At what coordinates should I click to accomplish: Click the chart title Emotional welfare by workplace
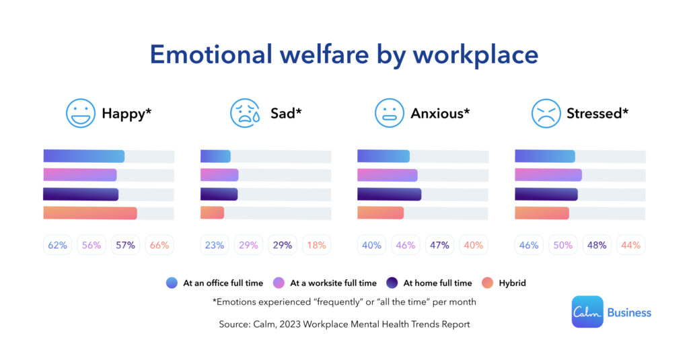(x=344, y=54)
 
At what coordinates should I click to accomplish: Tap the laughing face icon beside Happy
(x=81, y=113)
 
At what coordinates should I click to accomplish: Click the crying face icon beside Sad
(x=245, y=113)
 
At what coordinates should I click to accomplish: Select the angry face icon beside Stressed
(x=546, y=113)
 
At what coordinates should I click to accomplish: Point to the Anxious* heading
(x=440, y=113)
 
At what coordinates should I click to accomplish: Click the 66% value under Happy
(x=159, y=245)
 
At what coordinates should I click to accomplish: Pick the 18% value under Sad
(x=316, y=245)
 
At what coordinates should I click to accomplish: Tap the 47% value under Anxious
(x=439, y=245)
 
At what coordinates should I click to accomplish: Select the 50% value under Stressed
(x=563, y=245)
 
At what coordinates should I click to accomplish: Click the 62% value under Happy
(x=58, y=245)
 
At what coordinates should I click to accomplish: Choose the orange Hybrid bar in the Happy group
(x=89, y=213)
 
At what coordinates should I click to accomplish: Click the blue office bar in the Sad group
(x=215, y=156)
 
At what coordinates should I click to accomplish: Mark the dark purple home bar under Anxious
(x=389, y=194)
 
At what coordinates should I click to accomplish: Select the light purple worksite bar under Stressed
(x=548, y=175)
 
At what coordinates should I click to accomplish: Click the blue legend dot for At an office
(x=172, y=283)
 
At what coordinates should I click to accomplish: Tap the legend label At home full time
(x=437, y=283)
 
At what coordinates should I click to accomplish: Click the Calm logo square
(x=587, y=312)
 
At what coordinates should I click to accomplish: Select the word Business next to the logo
(x=629, y=312)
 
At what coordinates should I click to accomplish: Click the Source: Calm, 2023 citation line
(x=344, y=324)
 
